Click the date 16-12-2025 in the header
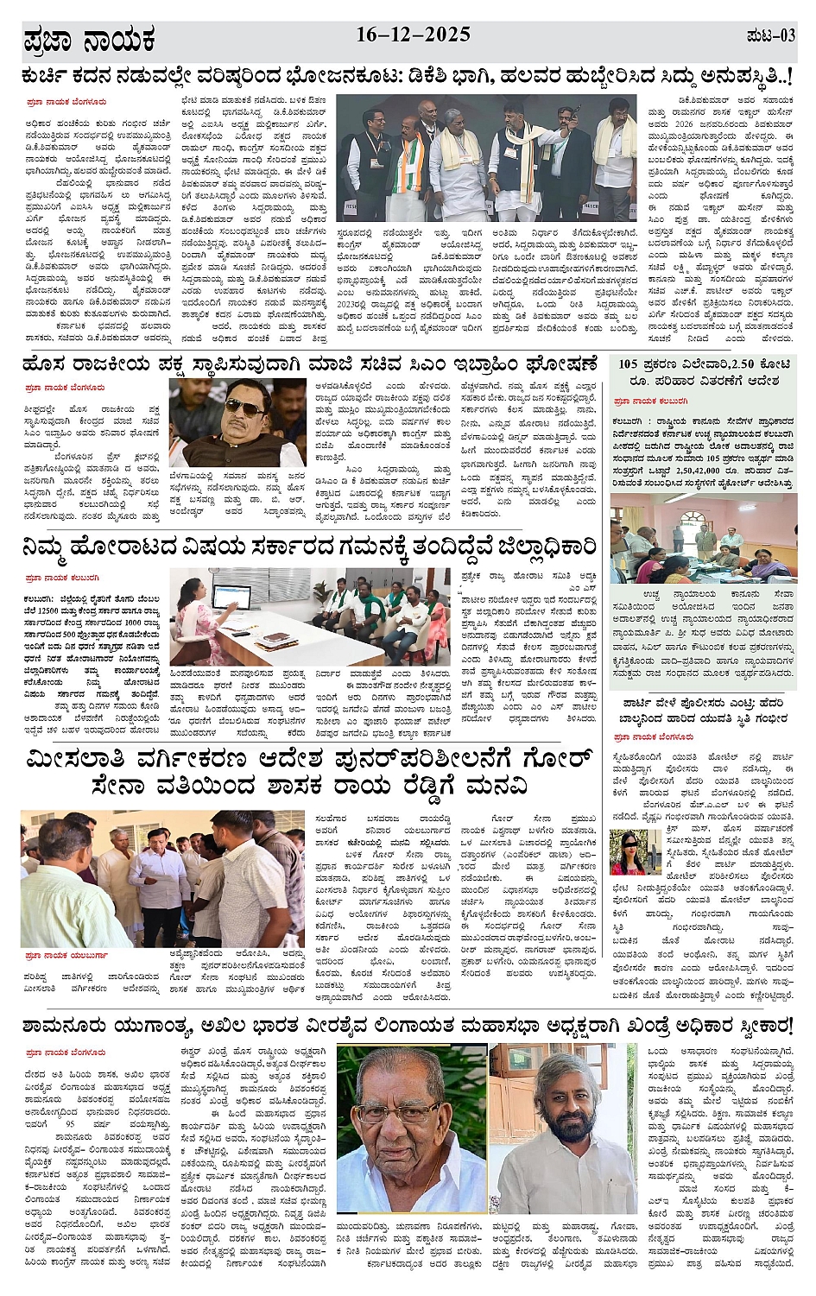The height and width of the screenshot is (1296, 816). click(413, 35)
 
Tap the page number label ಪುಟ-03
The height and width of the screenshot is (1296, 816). click(769, 36)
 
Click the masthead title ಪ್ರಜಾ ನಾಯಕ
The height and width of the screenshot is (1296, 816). click(90, 40)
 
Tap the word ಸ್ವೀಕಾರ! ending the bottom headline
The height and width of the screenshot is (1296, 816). click(759, 1026)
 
